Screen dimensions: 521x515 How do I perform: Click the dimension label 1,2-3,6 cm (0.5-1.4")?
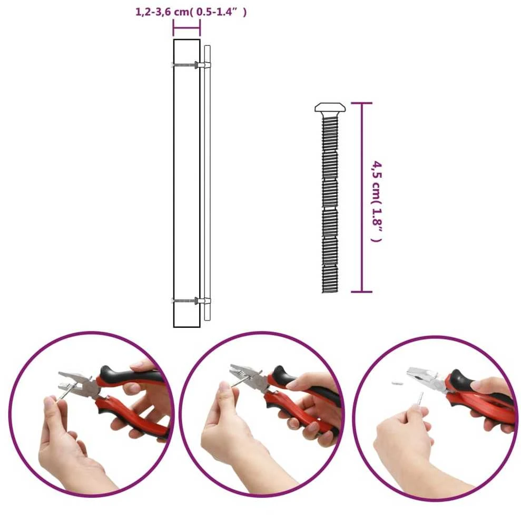tap(191, 12)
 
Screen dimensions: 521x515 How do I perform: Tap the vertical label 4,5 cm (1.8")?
tap(377, 202)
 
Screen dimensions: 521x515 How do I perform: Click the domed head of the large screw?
tap(330, 107)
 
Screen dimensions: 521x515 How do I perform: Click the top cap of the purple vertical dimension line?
tap(362, 103)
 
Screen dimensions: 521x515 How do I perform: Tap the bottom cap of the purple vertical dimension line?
tap(362, 292)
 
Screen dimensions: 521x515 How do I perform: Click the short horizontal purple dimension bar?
tap(186, 28)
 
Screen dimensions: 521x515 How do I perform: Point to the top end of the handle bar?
tap(208, 46)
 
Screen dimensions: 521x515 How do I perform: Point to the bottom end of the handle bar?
tap(208, 319)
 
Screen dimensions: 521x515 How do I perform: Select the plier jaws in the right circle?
tap(420, 376)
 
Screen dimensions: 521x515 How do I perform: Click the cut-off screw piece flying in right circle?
tap(397, 383)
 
